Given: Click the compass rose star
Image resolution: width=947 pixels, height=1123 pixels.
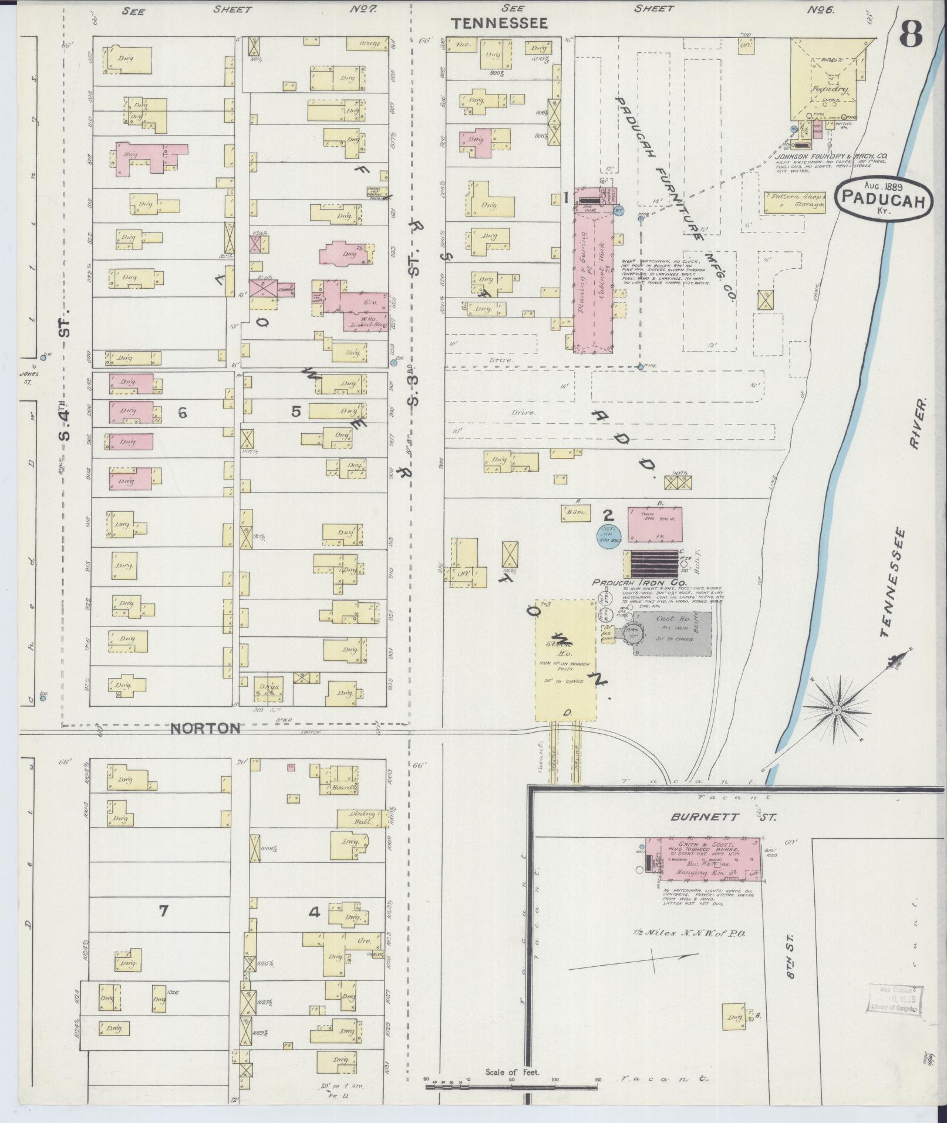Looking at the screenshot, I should click(x=835, y=711).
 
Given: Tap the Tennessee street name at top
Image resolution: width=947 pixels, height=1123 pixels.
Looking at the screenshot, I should click(x=499, y=23).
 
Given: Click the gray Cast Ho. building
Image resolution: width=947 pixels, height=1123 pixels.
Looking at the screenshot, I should click(x=675, y=633).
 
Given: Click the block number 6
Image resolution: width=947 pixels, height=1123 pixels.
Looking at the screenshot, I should click(x=183, y=413).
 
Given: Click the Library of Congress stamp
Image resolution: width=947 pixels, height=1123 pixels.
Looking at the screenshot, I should click(x=893, y=997).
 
